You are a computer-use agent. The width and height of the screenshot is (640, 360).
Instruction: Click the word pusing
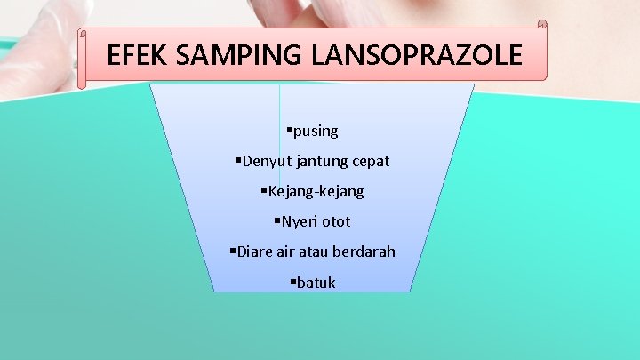point(316,132)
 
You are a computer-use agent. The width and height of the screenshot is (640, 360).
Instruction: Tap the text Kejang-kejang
point(316,191)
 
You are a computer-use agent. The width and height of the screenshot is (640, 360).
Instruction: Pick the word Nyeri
point(299,221)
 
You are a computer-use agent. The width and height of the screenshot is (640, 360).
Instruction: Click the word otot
point(337,221)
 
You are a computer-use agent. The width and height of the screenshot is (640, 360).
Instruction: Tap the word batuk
point(316,283)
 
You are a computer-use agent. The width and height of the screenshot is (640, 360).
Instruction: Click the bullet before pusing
point(289,131)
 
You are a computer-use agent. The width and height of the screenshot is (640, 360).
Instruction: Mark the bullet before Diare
point(233,251)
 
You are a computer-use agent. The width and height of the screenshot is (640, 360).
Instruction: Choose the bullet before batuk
point(293,282)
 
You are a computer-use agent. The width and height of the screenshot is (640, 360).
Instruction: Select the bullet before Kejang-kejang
point(264,190)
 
